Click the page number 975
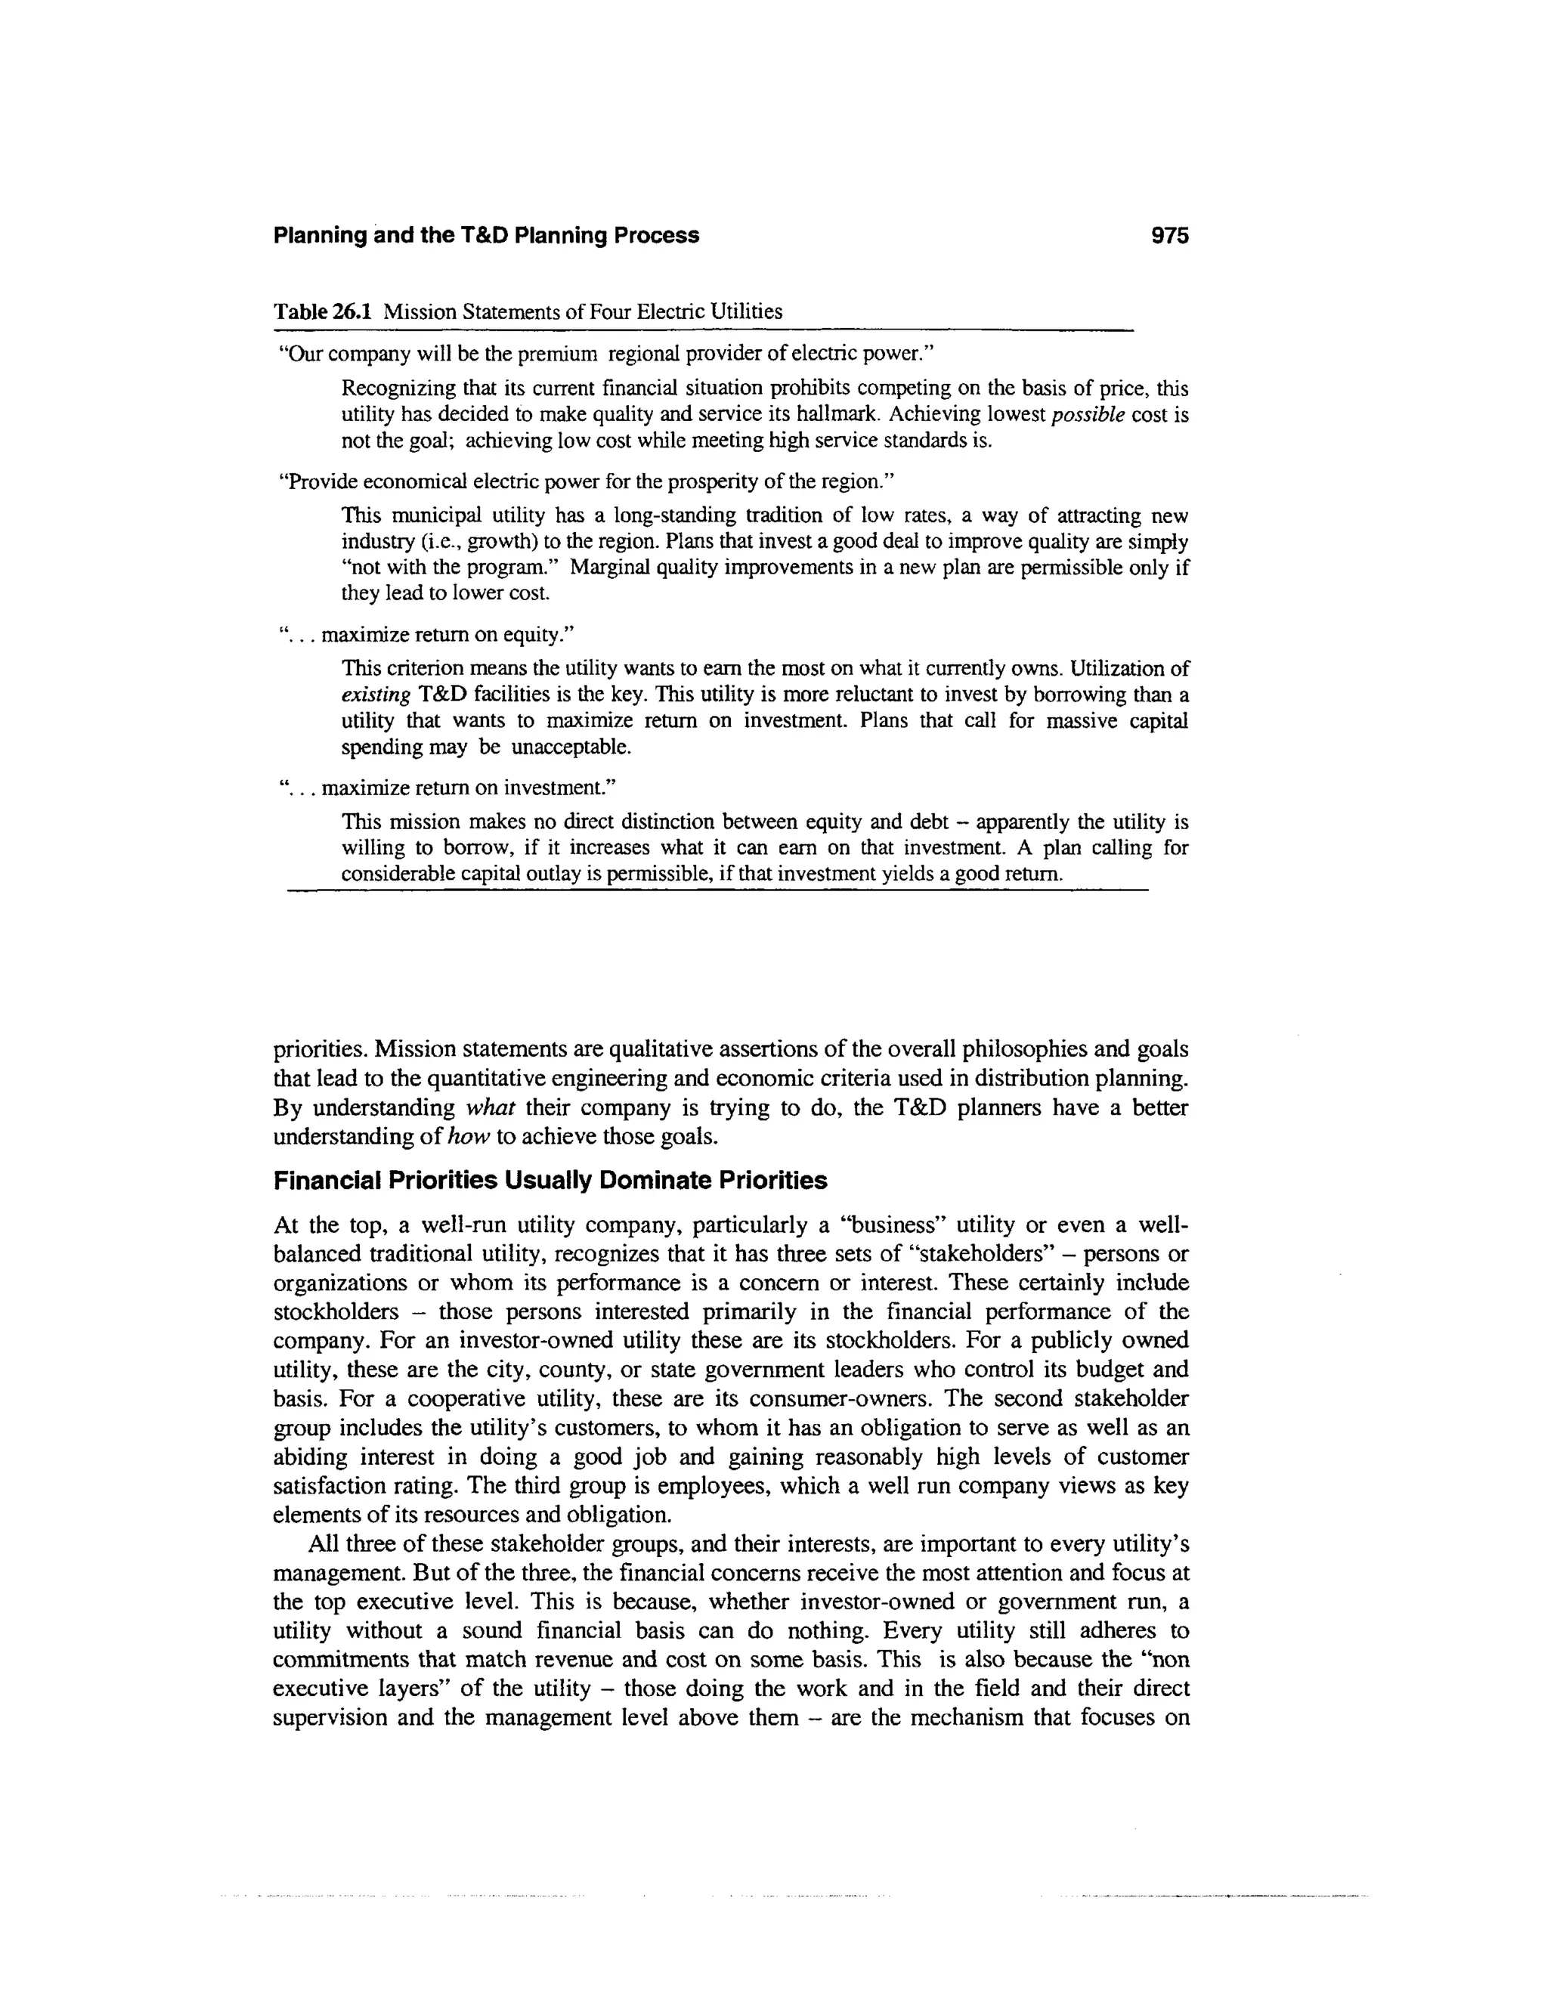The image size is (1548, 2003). (1169, 236)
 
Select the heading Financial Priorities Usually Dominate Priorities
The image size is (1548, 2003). (550, 1181)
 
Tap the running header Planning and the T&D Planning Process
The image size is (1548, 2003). (486, 236)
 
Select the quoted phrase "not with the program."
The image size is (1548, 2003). (450, 567)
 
